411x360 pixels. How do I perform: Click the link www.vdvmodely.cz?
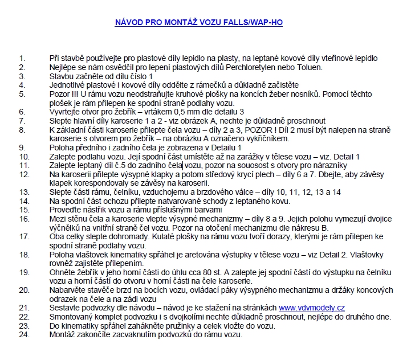tap(311, 307)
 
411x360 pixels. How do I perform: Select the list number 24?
tap(23, 334)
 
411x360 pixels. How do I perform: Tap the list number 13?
tap(23, 192)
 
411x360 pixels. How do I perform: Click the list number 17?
tap(23, 236)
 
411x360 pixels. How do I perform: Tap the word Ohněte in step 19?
tap(62, 272)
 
